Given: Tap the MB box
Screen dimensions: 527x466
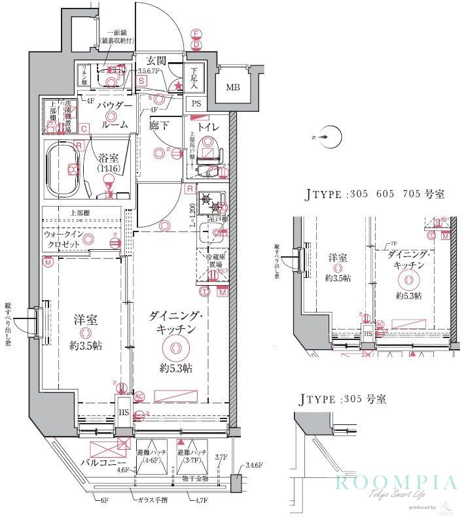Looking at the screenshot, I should pos(232,88).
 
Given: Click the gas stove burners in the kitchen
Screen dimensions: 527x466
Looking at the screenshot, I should pos(211,203).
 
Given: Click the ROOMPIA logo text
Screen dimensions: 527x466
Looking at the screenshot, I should pos(395,484).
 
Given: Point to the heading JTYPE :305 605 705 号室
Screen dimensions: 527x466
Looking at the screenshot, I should pos(375,195).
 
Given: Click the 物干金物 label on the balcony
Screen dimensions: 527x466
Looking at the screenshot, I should pos(196,478).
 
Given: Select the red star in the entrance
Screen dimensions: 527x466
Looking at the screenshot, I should pos(177,85).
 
